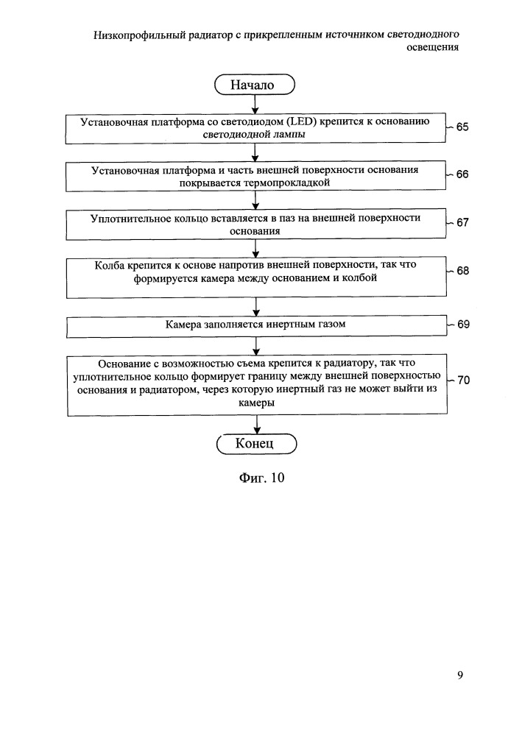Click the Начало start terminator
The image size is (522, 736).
pos(255,85)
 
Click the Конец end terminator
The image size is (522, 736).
pos(257,444)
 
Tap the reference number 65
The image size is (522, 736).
pos(462,127)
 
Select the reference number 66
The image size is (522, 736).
pos(462,174)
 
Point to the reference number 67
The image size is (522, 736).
pos(463,222)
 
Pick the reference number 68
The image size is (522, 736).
pos(463,271)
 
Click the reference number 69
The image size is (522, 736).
pos(463,325)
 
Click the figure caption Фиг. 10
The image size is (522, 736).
pos(262,478)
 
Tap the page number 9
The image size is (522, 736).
pos(460,675)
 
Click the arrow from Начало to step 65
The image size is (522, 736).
pos(255,105)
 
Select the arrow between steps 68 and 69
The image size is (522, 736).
pos(256,307)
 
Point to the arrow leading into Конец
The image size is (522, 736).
pos(257,425)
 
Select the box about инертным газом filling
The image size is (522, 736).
pos(256,327)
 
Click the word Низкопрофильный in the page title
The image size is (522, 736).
pos(139,35)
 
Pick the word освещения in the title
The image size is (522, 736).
pos(432,47)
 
